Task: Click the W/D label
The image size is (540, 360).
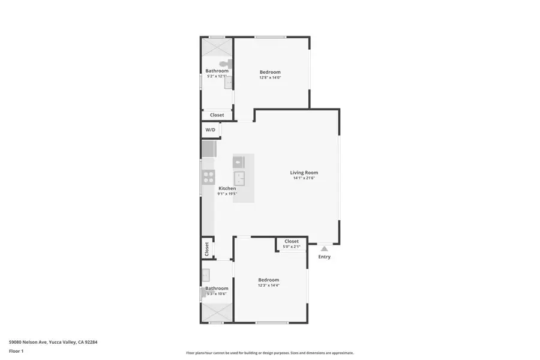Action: pos(211,130)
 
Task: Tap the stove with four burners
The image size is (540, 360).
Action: pos(209,176)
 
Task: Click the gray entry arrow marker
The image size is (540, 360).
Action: pos(324,248)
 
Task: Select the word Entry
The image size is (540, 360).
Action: pos(324,257)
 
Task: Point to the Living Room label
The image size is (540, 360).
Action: pos(304,172)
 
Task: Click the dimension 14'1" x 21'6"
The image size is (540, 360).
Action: pos(304,178)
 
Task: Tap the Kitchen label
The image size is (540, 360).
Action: pos(227,188)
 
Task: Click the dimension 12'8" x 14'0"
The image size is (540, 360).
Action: pos(270,77)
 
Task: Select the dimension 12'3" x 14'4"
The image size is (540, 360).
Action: pos(269,286)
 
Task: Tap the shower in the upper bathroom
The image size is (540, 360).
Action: pos(216,47)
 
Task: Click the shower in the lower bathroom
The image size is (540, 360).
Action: pos(216,312)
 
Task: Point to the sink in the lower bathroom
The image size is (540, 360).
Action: pos(205,275)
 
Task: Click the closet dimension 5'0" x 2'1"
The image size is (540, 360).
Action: pos(291,247)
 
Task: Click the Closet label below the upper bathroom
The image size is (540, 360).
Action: pos(217,115)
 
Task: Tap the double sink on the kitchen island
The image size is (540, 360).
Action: pos(239,178)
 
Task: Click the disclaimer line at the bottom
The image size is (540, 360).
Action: pos(269,353)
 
